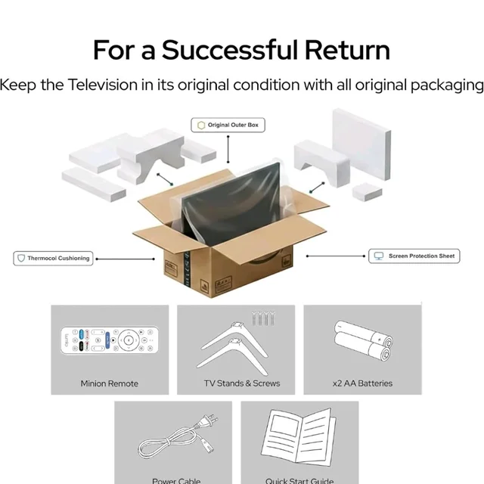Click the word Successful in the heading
pos(230,50)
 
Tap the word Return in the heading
pos(348,50)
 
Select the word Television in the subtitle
pos(103,85)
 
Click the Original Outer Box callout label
pos(228,125)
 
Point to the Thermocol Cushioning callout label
pos(53,259)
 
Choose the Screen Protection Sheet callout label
pos(414,256)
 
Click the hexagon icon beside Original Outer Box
pos(201,125)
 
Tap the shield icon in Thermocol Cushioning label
pos(21,258)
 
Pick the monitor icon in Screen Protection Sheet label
pos(378,256)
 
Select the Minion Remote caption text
pos(109,383)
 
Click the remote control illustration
pos(110,340)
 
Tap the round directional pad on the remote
pos(129,340)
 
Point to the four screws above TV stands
pos(262,318)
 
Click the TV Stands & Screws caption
pos(242,383)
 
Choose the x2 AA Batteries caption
pos(362,383)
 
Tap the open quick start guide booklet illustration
pos(299,436)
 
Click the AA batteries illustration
pos(363,340)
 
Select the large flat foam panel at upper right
pos(361,144)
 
